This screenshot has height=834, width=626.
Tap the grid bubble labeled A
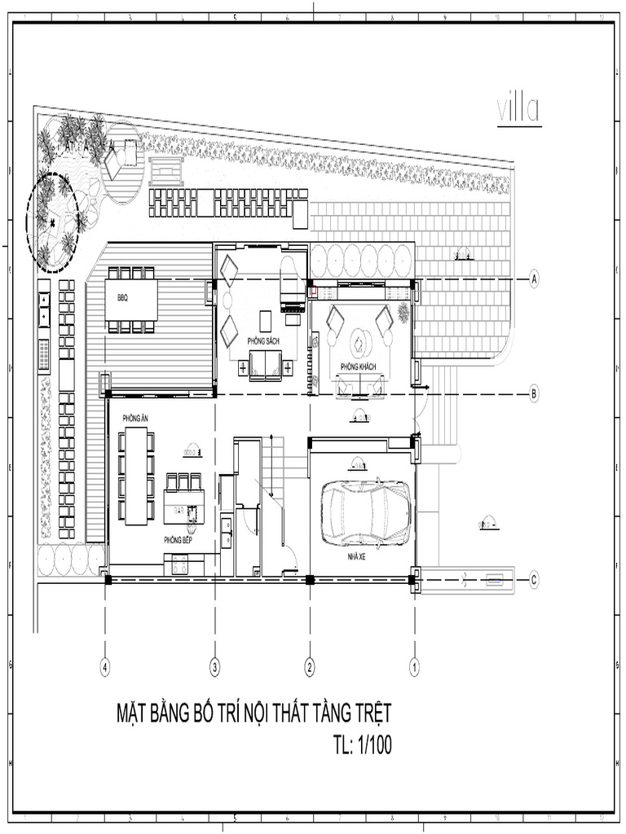(x=535, y=279)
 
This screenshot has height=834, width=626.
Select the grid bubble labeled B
(x=535, y=394)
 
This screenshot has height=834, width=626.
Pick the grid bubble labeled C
(x=535, y=580)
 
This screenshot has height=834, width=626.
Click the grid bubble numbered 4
(x=105, y=667)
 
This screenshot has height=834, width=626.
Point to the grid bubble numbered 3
(x=215, y=667)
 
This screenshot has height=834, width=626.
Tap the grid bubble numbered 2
(x=310, y=667)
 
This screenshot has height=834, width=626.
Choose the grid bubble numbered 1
(x=414, y=667)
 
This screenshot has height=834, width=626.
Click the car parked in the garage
(x=365, y=513)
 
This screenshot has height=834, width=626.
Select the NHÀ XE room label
(x=356, y=556)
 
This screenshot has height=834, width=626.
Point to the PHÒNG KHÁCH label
(x=358, y=367)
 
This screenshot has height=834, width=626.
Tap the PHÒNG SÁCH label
(x=263, y=340)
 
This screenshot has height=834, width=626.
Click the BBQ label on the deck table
(x=122, y=297)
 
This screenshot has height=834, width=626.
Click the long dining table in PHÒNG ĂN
(x=135, y=476)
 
